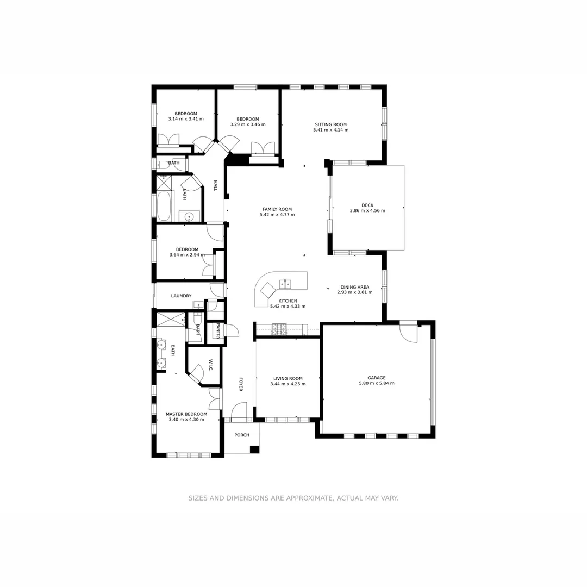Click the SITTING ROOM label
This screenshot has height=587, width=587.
pos(330,124)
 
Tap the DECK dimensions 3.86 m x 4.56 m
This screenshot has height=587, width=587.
pos(367,211)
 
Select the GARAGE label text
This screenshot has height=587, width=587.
pos(376,378)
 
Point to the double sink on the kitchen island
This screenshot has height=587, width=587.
pos(285,284)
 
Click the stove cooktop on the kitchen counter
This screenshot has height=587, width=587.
pos(279,329)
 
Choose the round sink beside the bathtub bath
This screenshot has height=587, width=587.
pos(189,217)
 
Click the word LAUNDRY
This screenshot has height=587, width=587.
pos(181,296)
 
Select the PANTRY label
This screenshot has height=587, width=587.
pos(218,331)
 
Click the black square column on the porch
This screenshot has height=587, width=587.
pos(254,449)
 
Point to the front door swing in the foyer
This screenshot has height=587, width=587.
pos(239,411)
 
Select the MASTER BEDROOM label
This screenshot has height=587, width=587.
pos(186,414)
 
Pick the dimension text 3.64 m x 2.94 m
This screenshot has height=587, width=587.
pos(187,255)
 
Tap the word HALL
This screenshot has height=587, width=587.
pos(215,185)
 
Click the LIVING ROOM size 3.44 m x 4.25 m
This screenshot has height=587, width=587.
pos(288,384)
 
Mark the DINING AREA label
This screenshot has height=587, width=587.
pos(354,287)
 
